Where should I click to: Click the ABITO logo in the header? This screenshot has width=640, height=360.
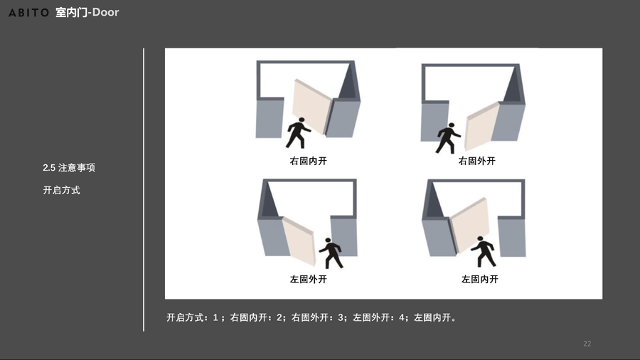point(28,13)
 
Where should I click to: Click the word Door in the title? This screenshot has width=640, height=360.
point(105,12)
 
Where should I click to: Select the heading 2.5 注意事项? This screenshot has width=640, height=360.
point(69,168)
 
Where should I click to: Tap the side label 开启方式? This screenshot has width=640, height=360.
point(61,190)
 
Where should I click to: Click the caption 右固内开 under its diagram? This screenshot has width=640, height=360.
point(308,161)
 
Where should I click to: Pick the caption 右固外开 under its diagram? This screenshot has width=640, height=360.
point(476,161)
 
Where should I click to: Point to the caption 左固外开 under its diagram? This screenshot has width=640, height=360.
point(308,279)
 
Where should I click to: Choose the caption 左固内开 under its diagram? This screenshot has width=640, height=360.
point(479,279)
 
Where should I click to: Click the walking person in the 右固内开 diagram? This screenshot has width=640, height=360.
point(299,133)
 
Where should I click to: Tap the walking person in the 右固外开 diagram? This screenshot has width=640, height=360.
point(448,138)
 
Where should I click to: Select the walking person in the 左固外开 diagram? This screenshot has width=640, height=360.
point(331,253)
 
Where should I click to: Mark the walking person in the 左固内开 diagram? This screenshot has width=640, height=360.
point(484,251)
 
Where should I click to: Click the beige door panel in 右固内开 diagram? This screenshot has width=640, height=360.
point(312,106)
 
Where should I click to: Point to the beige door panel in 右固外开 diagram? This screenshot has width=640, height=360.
point(482,126)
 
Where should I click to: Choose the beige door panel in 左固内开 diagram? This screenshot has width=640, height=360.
point(470,225)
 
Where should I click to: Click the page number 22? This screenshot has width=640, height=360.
point(587,344)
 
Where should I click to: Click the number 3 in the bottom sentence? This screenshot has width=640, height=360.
point(341,317)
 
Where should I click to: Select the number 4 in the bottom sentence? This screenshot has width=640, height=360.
point(402,317)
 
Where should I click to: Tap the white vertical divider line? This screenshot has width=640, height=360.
point(144,190)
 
